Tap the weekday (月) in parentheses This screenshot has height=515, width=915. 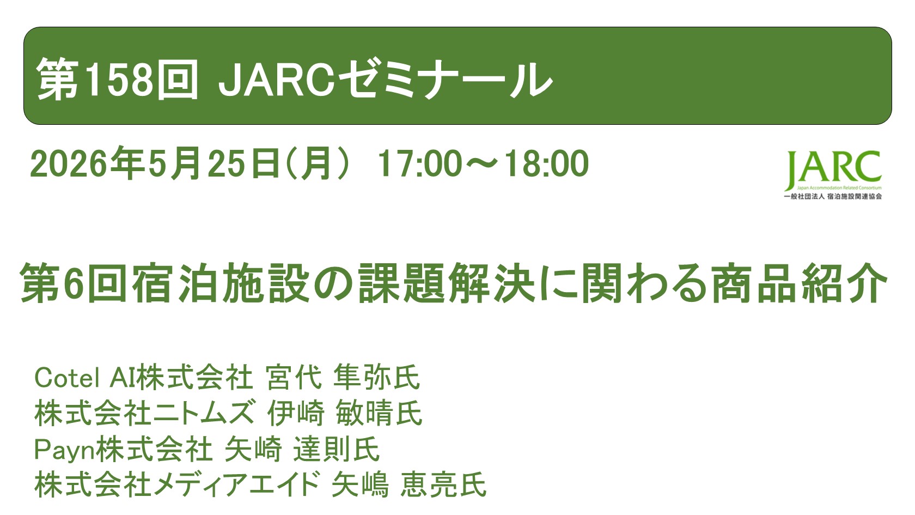point(316,163)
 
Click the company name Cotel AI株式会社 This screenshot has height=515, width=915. point(143,378)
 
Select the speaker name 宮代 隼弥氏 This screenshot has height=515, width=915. point(343,378)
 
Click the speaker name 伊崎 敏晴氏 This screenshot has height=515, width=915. point(345,413)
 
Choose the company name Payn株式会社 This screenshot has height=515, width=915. point(123,449)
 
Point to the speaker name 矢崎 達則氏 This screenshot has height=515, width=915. point(302,449)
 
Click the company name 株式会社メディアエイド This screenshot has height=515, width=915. point(176,484)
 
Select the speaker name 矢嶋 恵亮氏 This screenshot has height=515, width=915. point(408,484)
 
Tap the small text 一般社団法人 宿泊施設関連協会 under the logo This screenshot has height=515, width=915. point(832,196)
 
